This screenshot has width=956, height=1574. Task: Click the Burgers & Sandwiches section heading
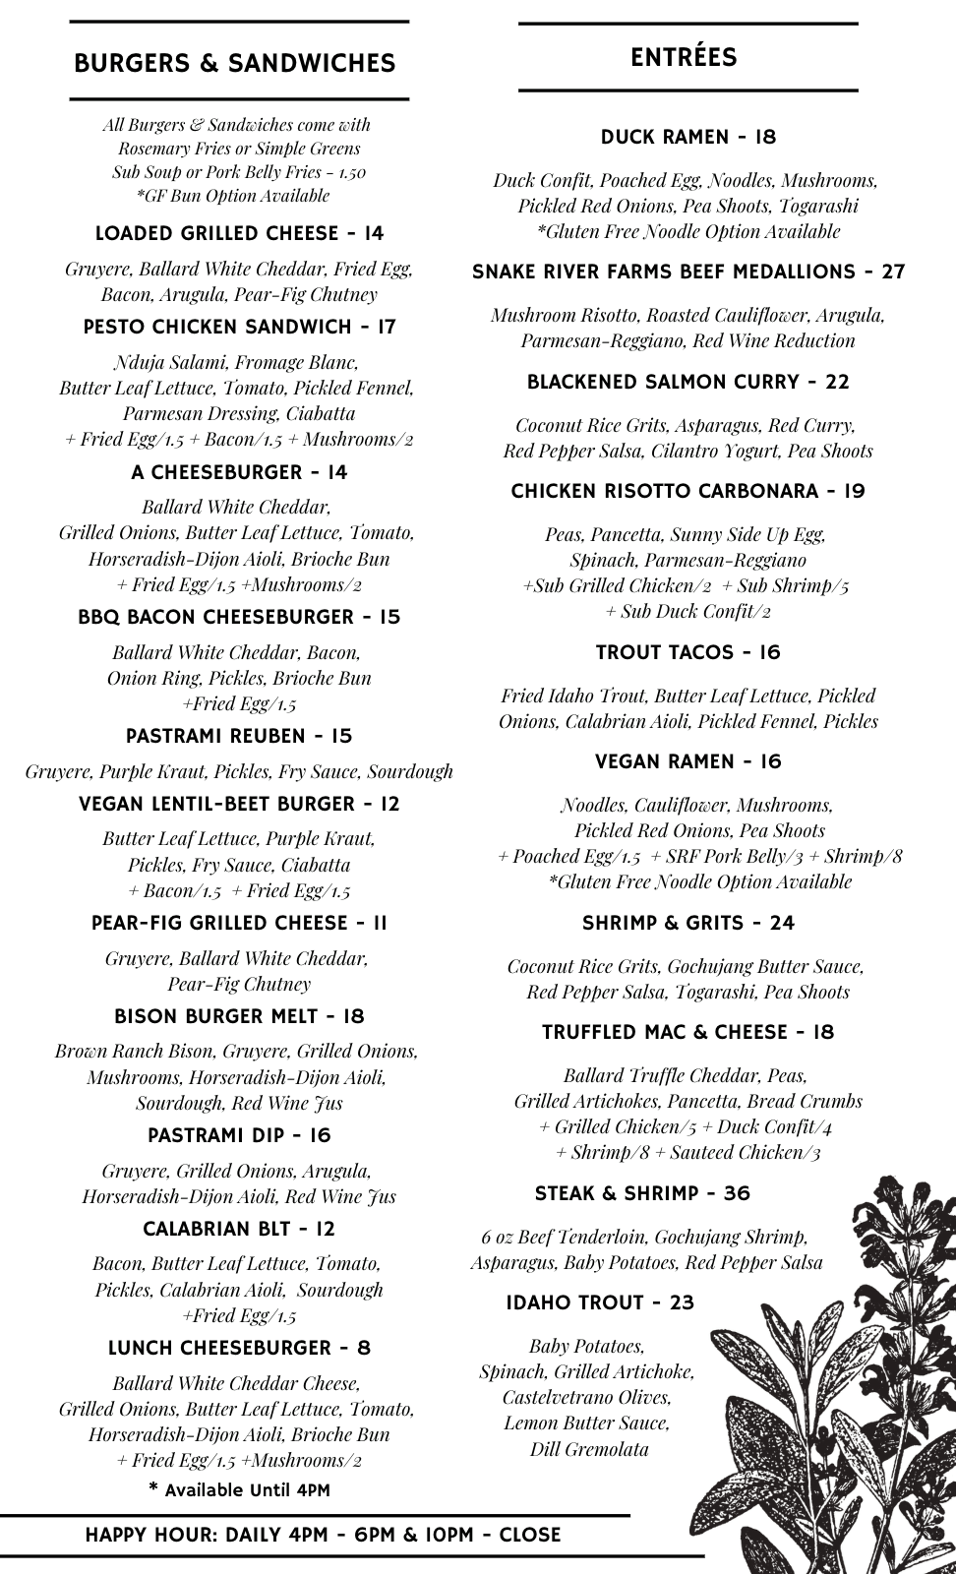(234, 64)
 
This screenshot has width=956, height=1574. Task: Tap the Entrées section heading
(684, 57)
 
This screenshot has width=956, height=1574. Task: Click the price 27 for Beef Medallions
(892, 272)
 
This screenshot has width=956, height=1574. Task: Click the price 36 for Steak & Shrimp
(737, 1193)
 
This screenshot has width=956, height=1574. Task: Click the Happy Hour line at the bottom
(323, 1535)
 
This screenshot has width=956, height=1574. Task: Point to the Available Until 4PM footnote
(239, 1490)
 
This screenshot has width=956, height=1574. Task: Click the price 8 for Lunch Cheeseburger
(364, 1348)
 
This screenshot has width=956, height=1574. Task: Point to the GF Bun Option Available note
(233, 196)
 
